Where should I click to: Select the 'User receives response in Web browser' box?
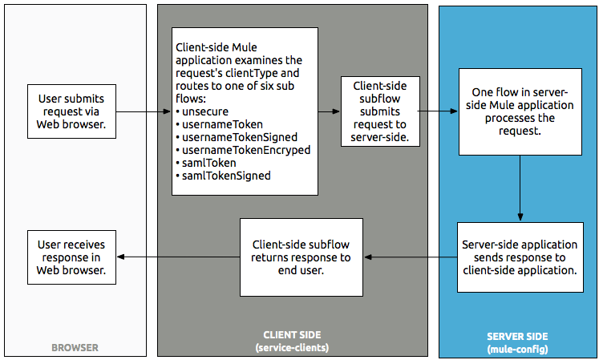click(x=71, y=257)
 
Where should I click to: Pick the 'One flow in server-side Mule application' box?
click(x=520, y=111)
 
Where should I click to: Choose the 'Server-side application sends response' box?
click(x=520, y=257)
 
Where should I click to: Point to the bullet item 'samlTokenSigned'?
click(x=227, y=174)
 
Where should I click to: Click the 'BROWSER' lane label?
click(x=74, y=348)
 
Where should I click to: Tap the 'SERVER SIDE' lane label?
click(x=518, y=337)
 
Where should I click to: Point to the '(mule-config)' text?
click(x=518, y=350)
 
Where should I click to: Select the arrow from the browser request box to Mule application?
click(x=143, y=111)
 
